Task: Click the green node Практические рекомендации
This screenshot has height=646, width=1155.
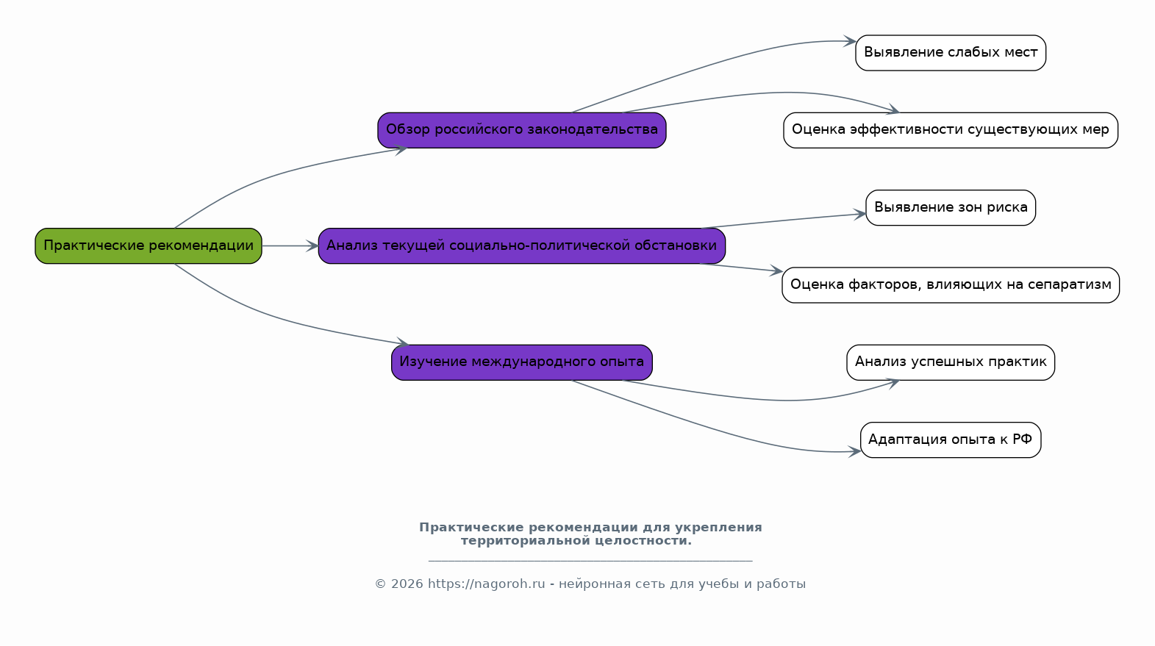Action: tap(149, 246)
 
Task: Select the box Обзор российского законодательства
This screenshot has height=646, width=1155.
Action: tap(522, 130)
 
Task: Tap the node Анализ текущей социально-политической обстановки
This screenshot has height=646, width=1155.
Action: tap(522, 246)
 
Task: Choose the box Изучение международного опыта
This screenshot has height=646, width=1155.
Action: tap(522, 362)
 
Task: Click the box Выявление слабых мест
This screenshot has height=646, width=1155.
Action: tap(951, 53)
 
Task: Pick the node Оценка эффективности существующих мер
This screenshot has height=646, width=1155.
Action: tap(951, 130)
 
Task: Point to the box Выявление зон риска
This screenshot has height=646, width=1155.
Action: tap(951, 207)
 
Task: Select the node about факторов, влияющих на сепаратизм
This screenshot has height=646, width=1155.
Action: tap(951, 284)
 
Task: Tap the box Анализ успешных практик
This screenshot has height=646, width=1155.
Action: tap(951, 362)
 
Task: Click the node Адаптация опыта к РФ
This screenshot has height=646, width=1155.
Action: tap(951, 439)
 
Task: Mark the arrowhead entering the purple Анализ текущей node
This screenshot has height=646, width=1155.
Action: tap(312, 246)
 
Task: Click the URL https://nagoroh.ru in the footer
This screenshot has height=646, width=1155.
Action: tap(486, 584)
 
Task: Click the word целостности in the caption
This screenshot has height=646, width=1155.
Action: tap(643, 541)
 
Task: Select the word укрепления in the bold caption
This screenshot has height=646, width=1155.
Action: tap(719, 528)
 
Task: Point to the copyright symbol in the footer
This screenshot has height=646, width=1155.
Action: tap(381, 584)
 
